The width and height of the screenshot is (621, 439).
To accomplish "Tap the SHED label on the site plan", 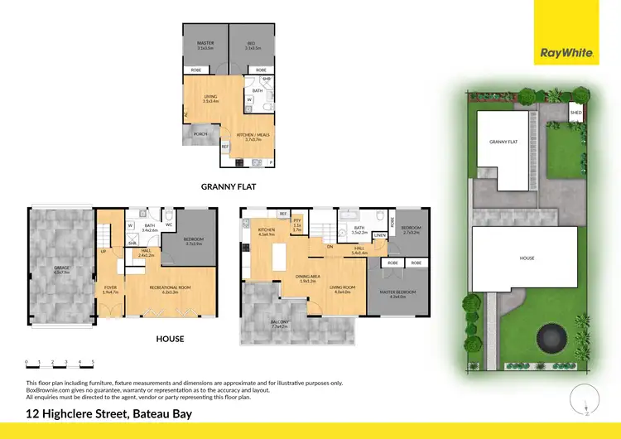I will click(x=575, y=111).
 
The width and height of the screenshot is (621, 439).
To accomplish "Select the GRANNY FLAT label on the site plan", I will click(x=503, y=142).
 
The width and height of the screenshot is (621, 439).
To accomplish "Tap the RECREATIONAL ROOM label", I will click(x=171, y=287).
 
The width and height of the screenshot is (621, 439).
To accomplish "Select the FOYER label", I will click(x=109, y=287).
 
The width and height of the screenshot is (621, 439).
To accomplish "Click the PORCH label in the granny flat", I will click(x=200, y=133).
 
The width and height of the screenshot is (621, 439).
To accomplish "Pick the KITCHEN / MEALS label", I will click(x=253, y=134).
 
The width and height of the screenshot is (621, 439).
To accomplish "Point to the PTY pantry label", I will click(x=296, y=221).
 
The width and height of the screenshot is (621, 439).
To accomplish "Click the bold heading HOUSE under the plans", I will click(x=170, y=339).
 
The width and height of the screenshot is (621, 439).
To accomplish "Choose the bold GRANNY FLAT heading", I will click(x=229, y=187).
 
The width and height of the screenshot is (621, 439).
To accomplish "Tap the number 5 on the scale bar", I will click(x=93, y=362).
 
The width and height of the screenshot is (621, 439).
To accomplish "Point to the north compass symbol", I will click(x=586, y=398).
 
